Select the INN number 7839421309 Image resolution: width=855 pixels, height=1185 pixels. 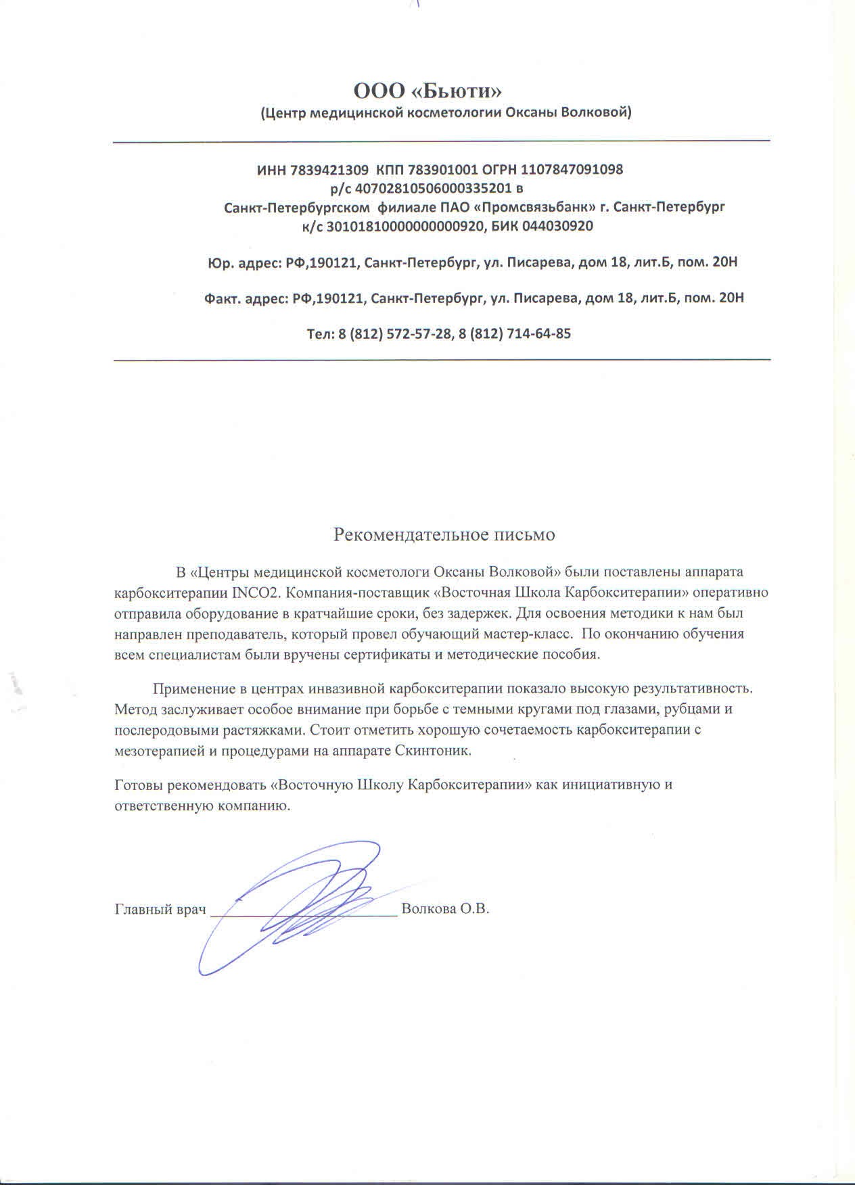point(329,170)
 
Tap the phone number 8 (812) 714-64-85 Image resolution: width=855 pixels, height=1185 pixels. point(515,333)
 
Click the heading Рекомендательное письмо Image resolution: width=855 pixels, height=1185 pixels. point(444,535)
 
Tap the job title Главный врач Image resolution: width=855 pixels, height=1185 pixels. point(160,909)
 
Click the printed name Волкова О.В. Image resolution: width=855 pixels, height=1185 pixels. point(445,909)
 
